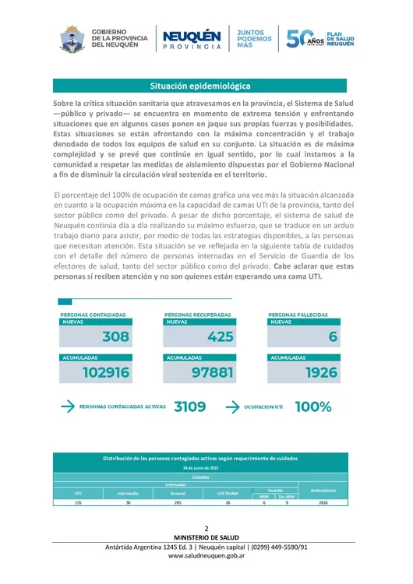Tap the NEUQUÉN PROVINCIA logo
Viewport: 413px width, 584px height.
[192, 38]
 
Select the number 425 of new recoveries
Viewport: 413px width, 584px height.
[220, 337]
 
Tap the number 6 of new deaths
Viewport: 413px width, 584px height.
[334, 337]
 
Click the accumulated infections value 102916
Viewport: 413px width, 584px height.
[105, 372]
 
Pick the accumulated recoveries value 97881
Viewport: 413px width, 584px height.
[212, 372]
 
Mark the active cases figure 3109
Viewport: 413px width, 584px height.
[190, 406]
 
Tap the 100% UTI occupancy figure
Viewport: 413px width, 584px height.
[313, 406]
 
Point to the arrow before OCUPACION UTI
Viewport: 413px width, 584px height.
[232, 406]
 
